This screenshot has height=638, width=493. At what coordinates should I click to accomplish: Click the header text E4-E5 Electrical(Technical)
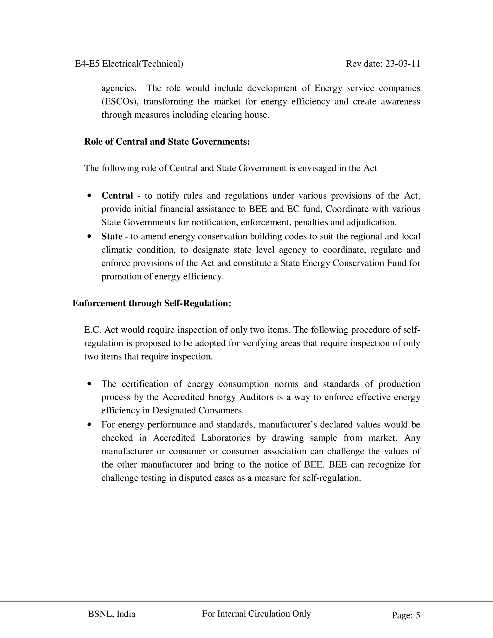click(129, 64)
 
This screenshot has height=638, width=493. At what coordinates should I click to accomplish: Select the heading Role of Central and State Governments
click(167, 142)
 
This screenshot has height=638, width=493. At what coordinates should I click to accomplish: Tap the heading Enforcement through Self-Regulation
click(152, 303)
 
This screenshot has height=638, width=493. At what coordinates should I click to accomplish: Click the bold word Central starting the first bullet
click(117, 195)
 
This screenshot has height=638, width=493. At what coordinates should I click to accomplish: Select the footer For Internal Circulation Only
click(256, 613)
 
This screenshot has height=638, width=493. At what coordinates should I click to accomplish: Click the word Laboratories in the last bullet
click(226, 438)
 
